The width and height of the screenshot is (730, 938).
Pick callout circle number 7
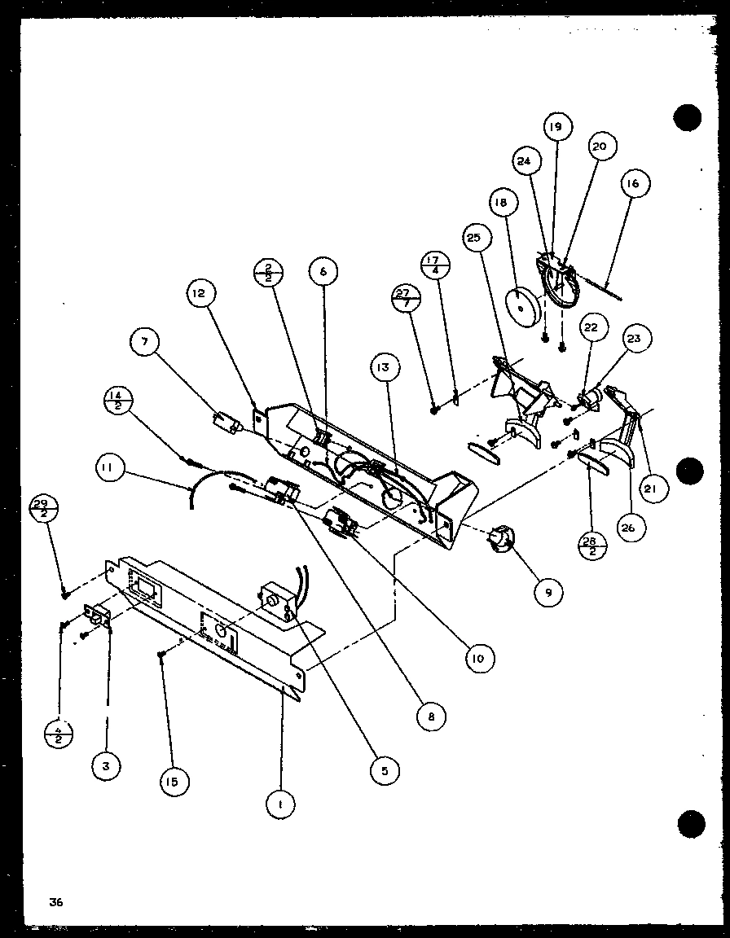click(x=145, y=342)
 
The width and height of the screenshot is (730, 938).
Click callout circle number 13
click(x=383, y=368)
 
